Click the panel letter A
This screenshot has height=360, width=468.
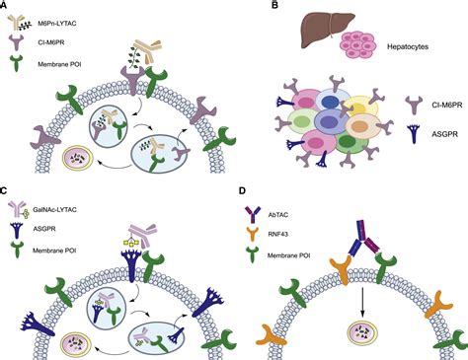point(6,7)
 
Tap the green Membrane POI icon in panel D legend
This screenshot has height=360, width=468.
point(273,254)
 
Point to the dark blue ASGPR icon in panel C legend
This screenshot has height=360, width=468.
point(19,230)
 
